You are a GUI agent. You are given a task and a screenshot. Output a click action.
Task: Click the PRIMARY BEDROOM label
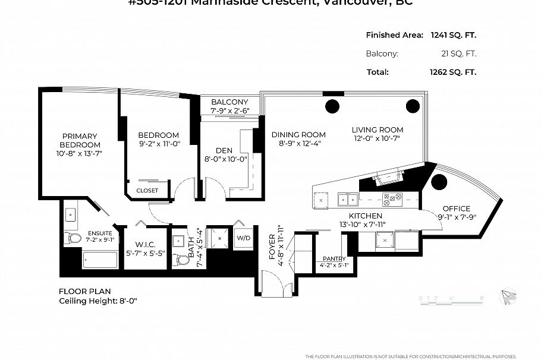point(79,140)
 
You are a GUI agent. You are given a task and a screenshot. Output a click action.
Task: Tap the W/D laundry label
point(244,238)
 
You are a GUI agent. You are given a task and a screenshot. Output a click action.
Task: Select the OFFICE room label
point(456,209)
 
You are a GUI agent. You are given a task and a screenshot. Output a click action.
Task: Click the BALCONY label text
point(229,102)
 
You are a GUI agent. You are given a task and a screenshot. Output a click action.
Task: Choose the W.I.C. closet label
point(145,244)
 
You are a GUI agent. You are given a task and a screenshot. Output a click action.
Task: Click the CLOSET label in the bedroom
point(147,191)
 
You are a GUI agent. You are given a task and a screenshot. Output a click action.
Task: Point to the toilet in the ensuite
point(74,238)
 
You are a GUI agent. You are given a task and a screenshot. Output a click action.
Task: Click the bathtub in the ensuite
point(100,260)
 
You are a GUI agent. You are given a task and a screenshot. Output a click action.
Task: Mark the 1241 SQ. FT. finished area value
point(453,35)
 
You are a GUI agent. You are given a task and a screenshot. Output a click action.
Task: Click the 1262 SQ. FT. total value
point(453,72)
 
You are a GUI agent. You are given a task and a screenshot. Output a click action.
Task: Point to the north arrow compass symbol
point(508,297)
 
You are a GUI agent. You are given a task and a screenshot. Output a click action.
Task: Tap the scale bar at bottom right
point(452,298)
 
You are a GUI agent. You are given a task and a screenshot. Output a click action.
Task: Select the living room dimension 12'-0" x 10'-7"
point(377,138)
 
